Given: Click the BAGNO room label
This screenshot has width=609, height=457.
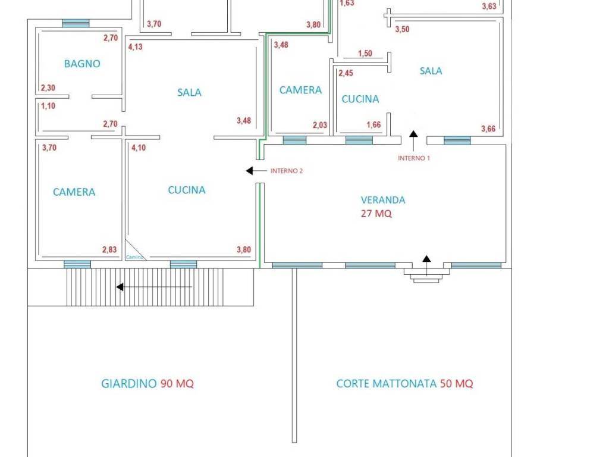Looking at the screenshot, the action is (82, 64).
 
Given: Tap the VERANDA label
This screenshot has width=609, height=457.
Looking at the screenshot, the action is (383, 200).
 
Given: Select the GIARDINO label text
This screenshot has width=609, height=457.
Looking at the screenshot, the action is (128, 384).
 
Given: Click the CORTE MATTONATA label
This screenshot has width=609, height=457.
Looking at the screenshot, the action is (387, 384).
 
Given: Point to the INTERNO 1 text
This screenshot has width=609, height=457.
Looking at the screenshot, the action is (414, 158).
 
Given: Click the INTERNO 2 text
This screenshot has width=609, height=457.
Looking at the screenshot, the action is (287, 171).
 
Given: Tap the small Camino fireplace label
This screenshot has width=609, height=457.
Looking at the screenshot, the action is (134, 257).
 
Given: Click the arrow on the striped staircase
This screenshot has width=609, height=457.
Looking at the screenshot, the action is (154, 287).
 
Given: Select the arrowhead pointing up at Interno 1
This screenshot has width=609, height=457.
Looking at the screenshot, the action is (414, 134).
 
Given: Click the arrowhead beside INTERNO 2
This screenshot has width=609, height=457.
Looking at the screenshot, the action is (250, 171).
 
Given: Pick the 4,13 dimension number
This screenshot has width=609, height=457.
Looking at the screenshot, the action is (135, 47).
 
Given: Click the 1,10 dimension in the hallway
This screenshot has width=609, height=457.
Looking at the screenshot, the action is (48, 106).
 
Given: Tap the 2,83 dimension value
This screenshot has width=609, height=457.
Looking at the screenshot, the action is (109, 249).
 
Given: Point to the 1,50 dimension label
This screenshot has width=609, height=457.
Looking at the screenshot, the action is (365, 53).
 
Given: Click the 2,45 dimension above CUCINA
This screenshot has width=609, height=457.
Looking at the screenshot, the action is (346, 73).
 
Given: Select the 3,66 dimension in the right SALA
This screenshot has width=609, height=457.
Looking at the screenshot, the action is (488, 129).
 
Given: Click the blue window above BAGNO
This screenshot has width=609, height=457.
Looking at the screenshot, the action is (76, 23).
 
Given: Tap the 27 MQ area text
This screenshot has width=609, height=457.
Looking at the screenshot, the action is (376, 214).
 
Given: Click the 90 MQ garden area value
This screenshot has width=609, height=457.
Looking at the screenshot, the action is (177, 384).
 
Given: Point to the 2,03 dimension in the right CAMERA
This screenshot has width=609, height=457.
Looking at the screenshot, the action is (320, 125).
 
